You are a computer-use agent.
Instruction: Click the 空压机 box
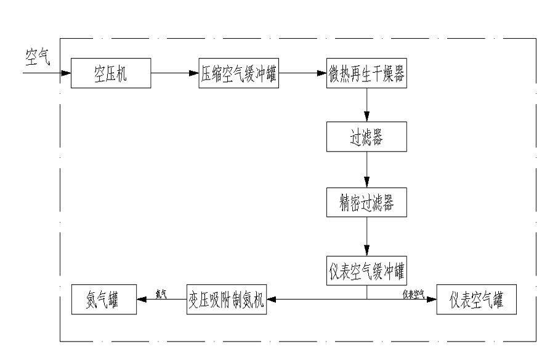[x=111, y=73]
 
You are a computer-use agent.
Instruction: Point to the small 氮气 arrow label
[x=161, y=294]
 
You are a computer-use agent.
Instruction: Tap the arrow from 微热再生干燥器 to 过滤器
[x=367, y=105]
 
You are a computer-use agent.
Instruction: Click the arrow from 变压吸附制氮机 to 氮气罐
[x=160, y=300]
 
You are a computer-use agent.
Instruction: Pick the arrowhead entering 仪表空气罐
[x=432, y=300]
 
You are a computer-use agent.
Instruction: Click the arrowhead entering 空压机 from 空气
[x=67, y=73]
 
